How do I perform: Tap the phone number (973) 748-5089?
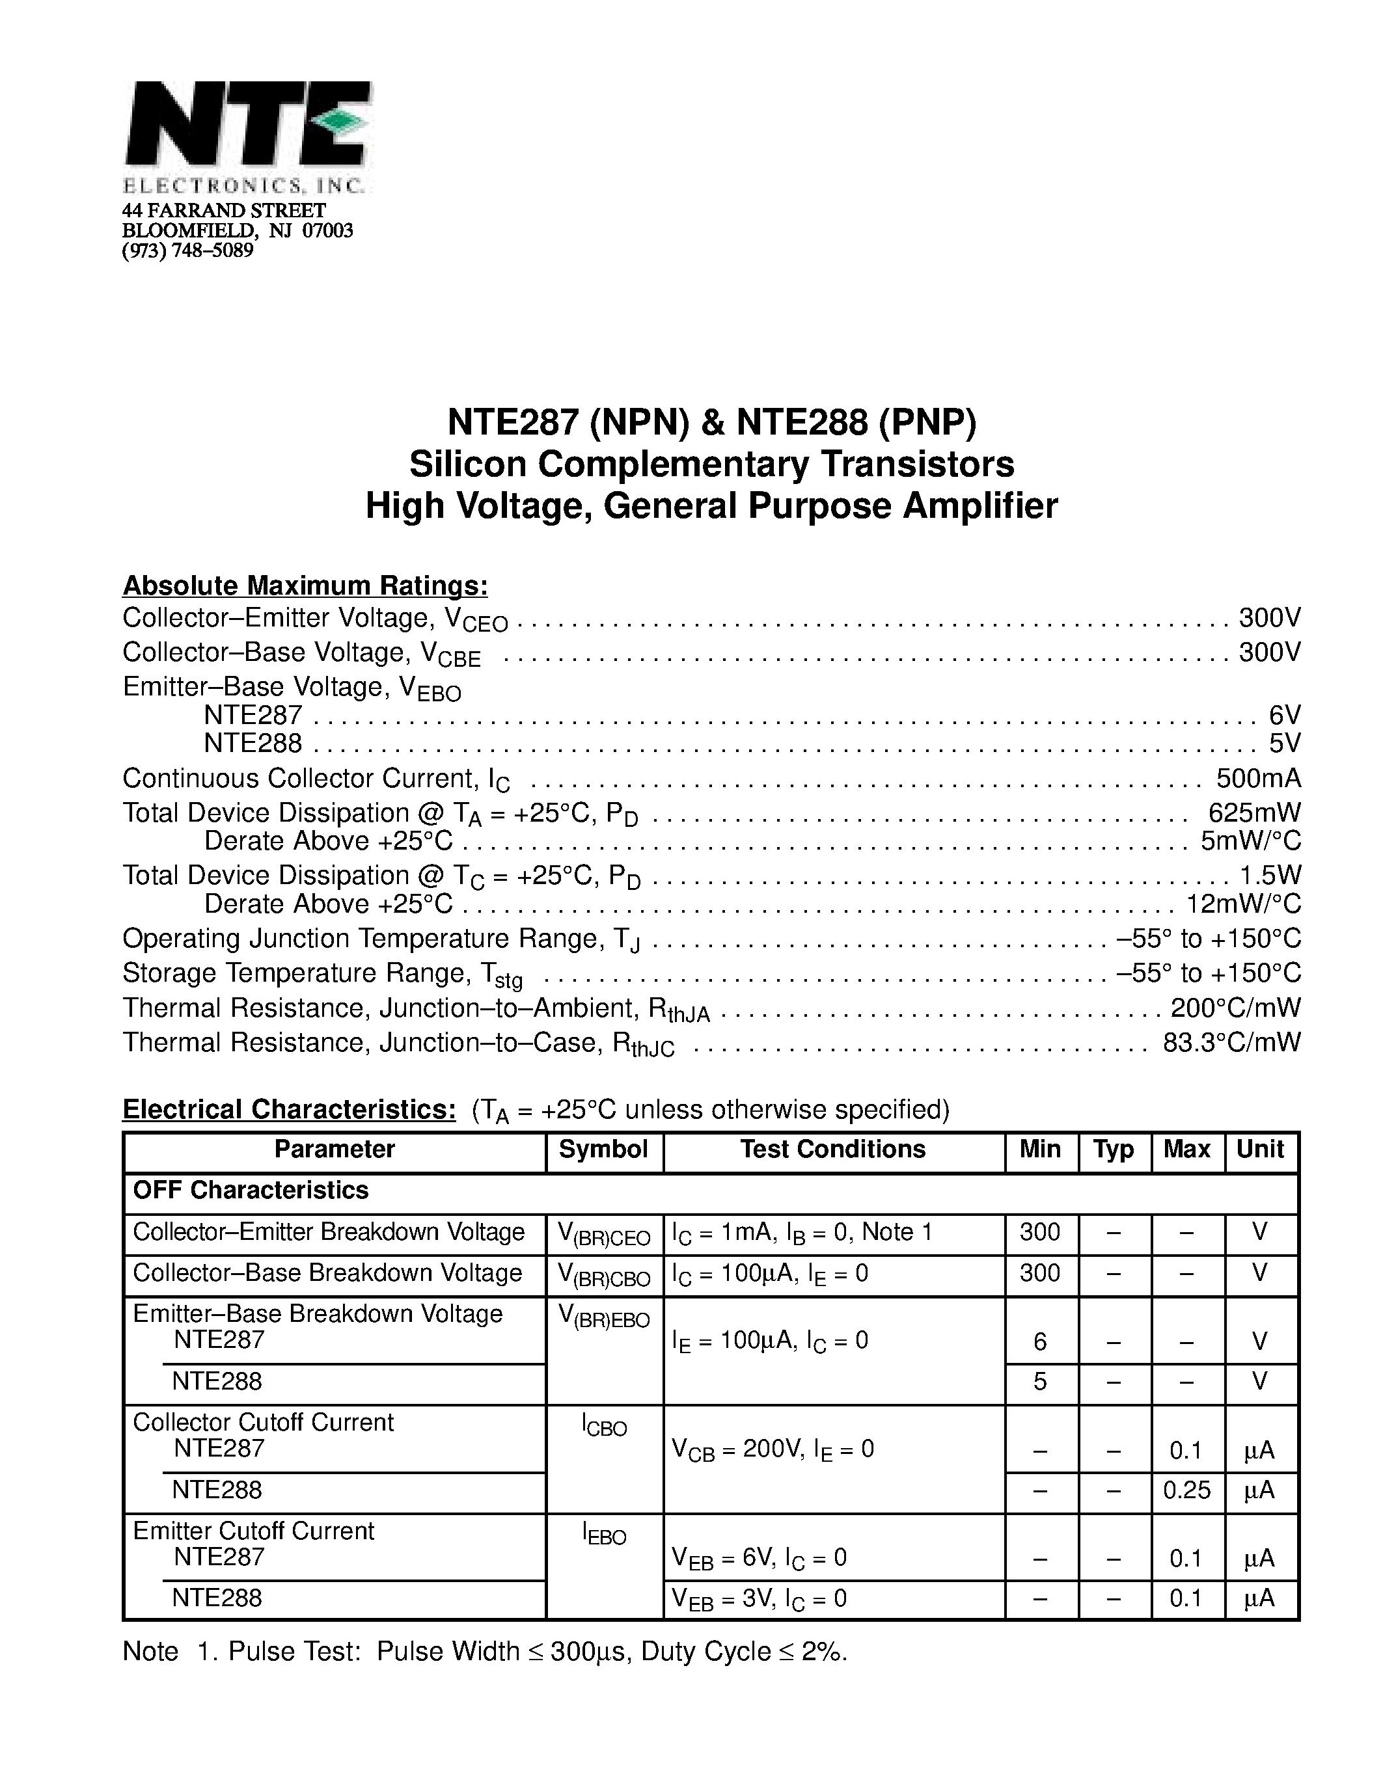point(187,250)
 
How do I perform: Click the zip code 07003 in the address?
point(328,231)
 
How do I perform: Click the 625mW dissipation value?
point(1253,813)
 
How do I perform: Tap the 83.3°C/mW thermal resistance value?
point(1231,1042)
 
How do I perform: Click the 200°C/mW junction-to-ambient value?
point(1235,1008)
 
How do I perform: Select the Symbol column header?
point(603,1150)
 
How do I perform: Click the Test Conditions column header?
point(832,1150)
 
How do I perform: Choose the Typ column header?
point(1113,1150)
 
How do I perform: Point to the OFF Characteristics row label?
point(251,1190)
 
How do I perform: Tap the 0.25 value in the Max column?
point(1186,1490)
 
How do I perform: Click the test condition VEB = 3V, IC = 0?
point(759,1599)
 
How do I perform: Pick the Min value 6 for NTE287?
point(1040,1341)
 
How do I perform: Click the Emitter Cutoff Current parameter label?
point(253,1531)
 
